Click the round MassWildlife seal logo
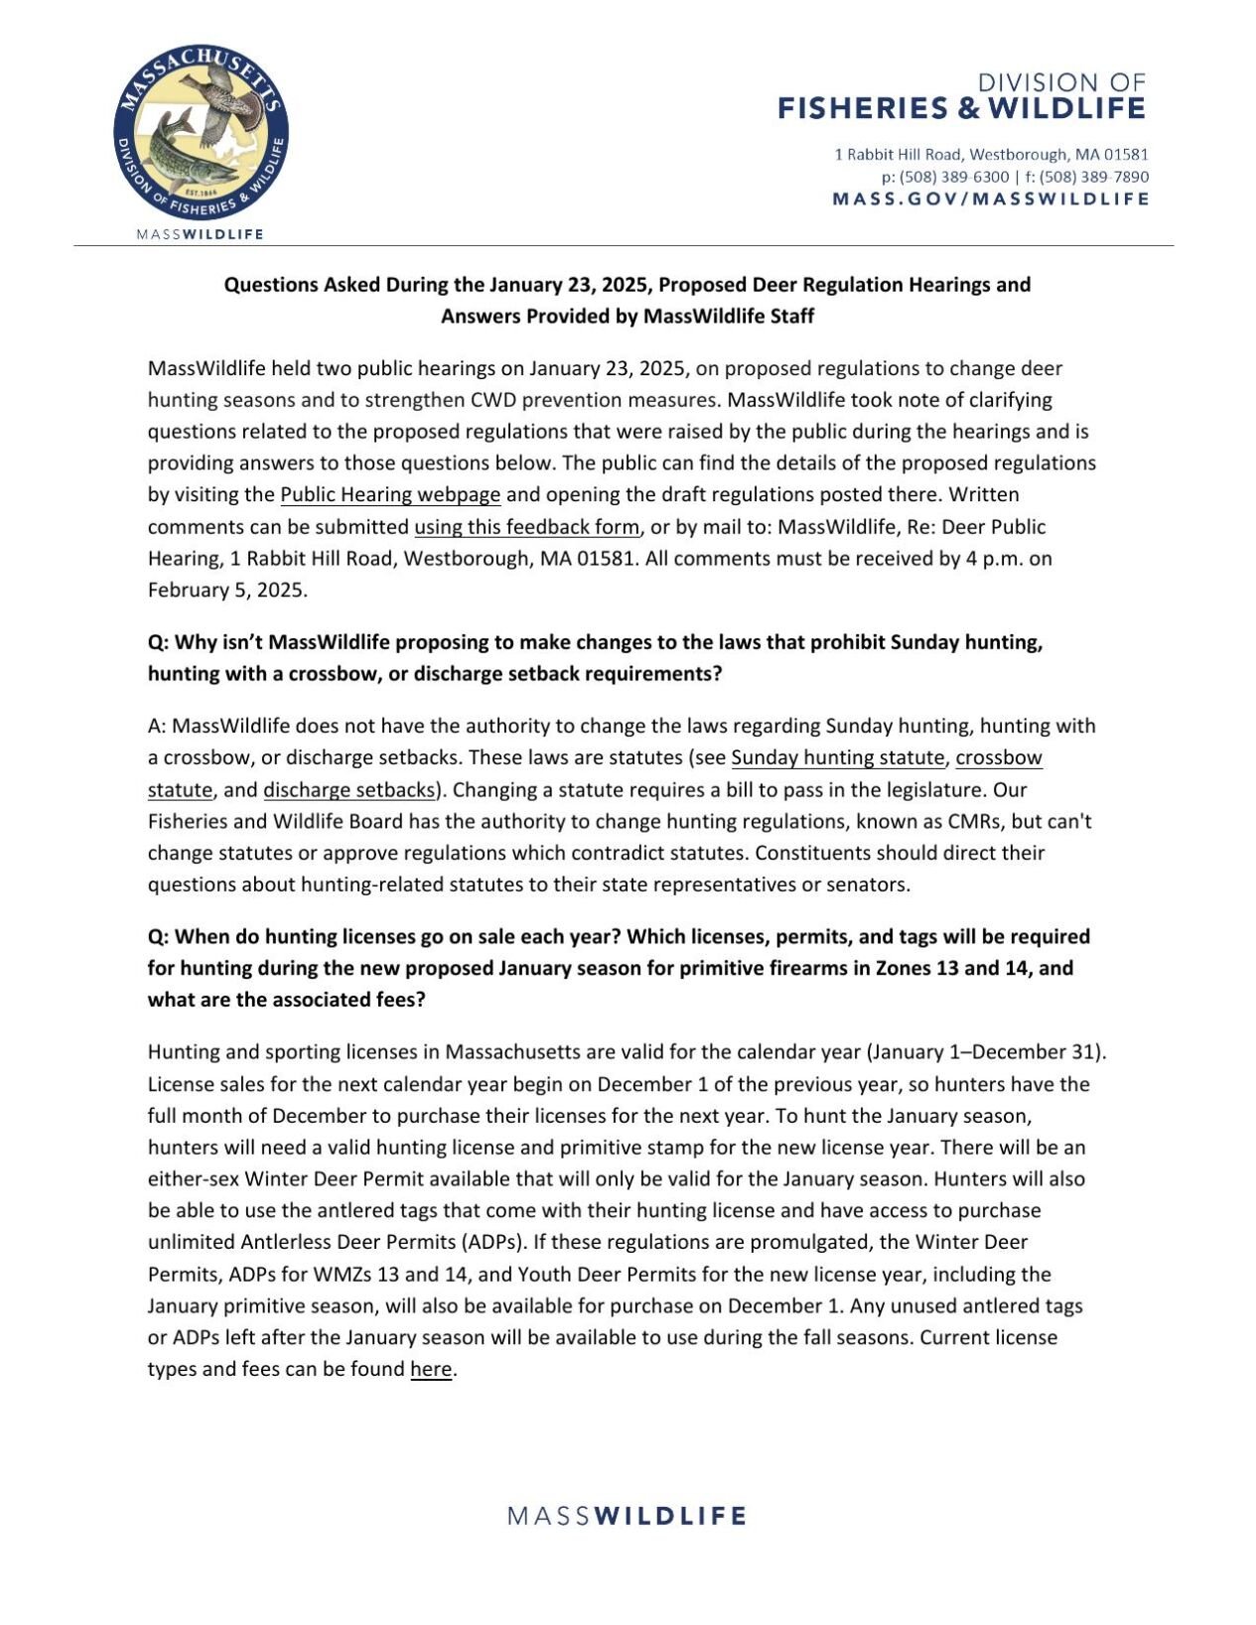click(x=201, y=132)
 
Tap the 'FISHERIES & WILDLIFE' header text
click(x=960, y=108)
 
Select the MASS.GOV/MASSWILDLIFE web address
click(x=990, y=199)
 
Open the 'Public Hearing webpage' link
click(x=390, y=494)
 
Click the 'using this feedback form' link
click(x=527, y=526)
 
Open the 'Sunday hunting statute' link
click(x=837, y=757)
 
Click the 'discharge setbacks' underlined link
click(x=349, y=790)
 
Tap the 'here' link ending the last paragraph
click(x=431, y=1370)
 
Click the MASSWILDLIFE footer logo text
click(x=627, y=1516)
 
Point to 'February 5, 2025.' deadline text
click(x=227, y=590)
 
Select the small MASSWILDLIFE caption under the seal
click(x=200, y=234)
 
